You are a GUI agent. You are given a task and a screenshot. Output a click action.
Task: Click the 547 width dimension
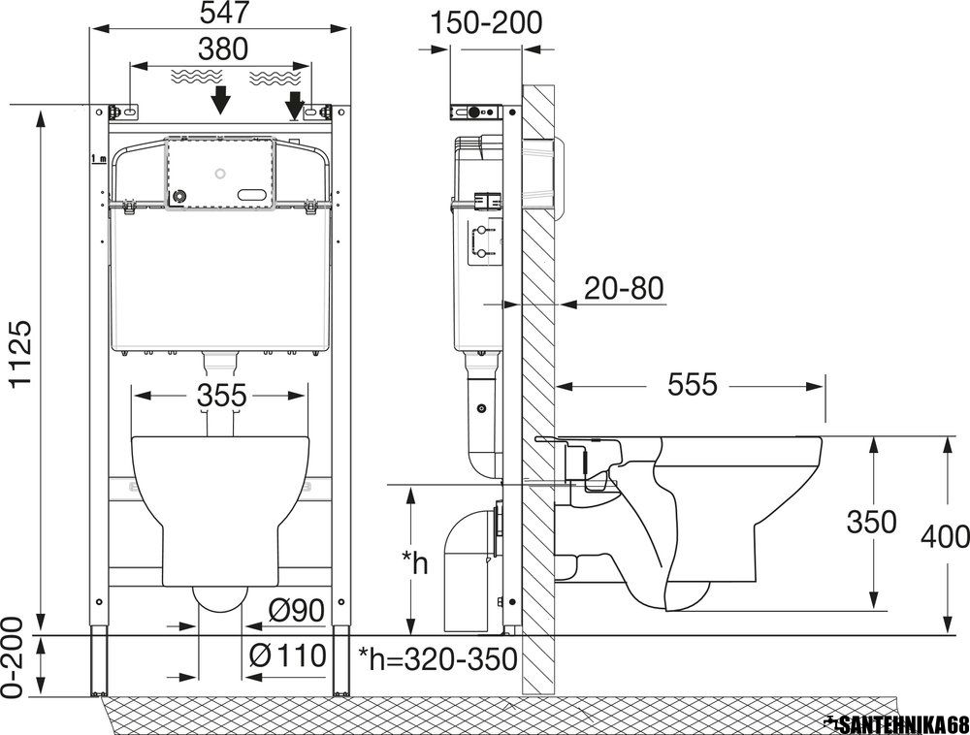click(224, 13)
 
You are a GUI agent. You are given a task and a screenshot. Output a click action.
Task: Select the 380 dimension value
click(223, 48)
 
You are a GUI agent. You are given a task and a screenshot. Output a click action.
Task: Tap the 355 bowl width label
click(222, 396)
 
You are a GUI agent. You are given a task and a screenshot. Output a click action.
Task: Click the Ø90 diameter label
click(297, 611)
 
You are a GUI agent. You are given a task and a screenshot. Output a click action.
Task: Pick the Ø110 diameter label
click(287, 655)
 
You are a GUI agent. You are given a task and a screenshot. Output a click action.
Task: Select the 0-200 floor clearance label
click(14, 656)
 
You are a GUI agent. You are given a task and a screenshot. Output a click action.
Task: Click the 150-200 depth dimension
click(486, 23)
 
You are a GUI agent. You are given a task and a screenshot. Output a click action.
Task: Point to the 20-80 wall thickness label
click(624, 288)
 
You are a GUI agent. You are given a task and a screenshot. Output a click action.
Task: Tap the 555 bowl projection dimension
click(693, 385)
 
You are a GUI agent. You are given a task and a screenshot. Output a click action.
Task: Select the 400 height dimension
click(945, 536)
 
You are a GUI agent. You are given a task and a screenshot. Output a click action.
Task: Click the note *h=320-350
click(438, 659)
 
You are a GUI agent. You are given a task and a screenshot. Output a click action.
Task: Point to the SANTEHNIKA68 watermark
click(898, 724)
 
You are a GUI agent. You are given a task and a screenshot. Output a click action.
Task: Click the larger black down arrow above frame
click(220, 100)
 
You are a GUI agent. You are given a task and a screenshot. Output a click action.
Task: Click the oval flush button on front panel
click(255, 195)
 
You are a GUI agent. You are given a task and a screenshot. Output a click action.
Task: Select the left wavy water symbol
click(196, 77)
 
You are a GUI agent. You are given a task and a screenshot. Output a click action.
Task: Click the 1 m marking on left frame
click(98, 159)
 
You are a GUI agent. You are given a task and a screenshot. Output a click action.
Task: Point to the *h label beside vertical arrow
click(415, 561)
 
